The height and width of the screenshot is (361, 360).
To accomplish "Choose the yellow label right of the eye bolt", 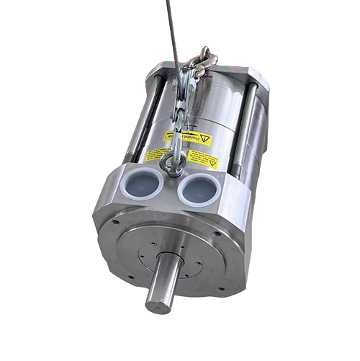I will (204, 160).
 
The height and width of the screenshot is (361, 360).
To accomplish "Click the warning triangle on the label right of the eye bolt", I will (213, 163).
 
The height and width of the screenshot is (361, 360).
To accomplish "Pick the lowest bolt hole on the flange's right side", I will (221, 289).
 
